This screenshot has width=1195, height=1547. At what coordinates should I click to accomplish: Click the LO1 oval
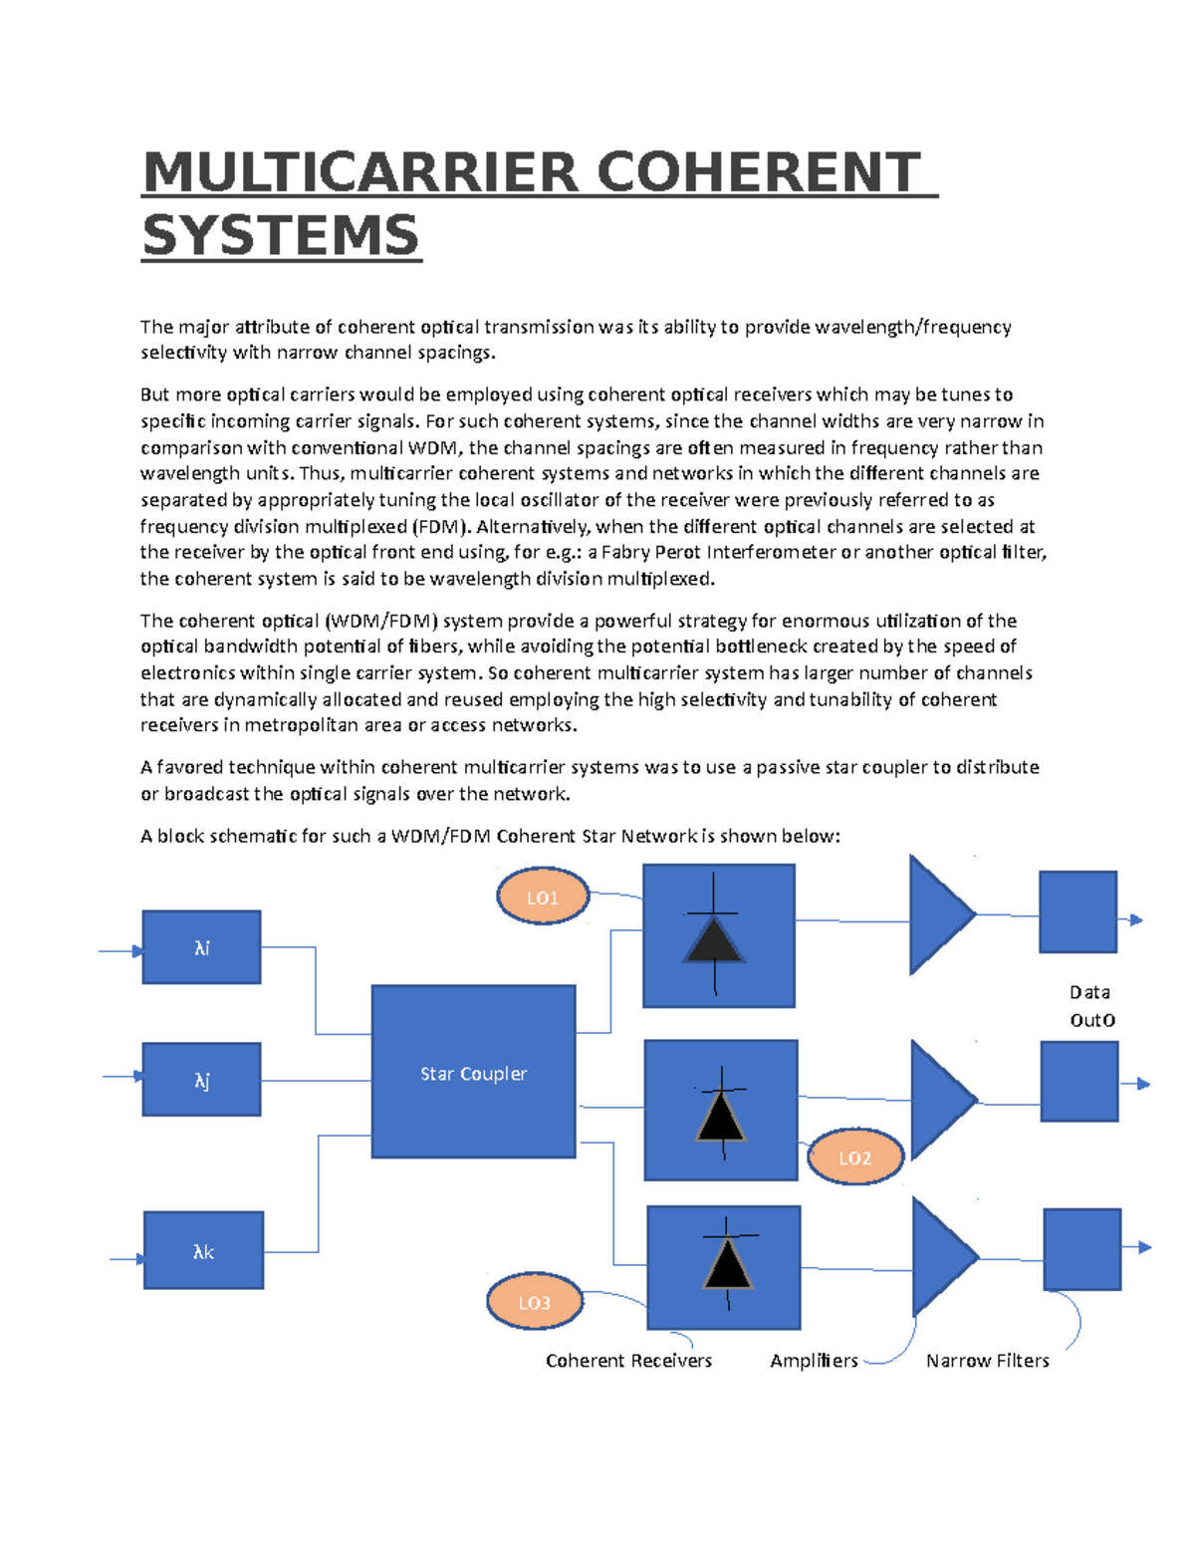point(543,897)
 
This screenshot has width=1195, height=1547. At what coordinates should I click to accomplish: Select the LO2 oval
point(854,1158)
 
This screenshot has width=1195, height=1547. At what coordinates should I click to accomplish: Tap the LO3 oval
point(535,1302)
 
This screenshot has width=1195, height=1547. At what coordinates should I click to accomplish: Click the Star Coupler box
point(473,1072)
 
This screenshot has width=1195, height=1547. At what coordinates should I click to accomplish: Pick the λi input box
point(201,947)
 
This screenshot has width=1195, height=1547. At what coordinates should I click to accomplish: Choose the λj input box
point(201,1080)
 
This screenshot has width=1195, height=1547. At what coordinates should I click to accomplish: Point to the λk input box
point(203,1251)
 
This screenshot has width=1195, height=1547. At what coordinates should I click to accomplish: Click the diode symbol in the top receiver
point(714,937)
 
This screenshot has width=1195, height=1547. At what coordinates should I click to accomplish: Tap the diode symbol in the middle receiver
point(721,1114)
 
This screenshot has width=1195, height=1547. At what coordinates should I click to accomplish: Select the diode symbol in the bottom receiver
point(728,1263)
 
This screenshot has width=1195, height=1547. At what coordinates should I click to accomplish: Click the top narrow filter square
point(1077,912)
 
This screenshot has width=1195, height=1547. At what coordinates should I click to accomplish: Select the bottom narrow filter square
point(1081,1249)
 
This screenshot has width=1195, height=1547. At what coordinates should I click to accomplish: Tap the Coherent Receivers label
point(628,1361)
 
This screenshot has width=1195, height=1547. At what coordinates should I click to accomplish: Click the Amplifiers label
point(814,1361)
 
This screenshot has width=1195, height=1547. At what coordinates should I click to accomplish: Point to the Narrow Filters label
point(987,1361)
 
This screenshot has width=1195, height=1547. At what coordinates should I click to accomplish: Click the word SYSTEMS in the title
point(281,236)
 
